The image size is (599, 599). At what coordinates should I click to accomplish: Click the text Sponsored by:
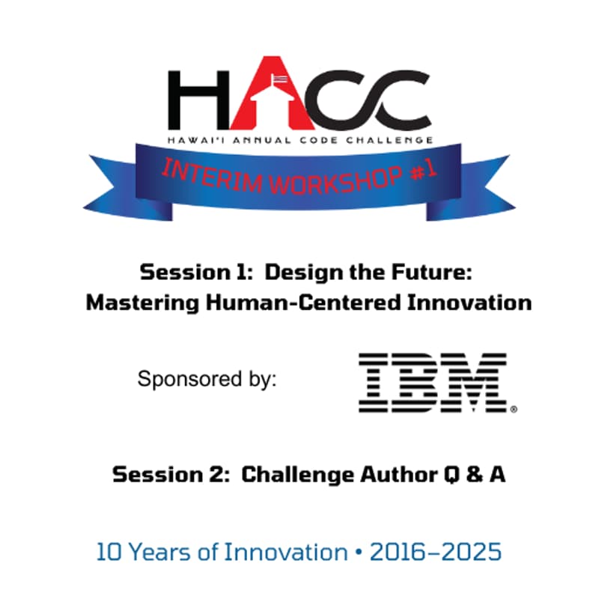207,378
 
